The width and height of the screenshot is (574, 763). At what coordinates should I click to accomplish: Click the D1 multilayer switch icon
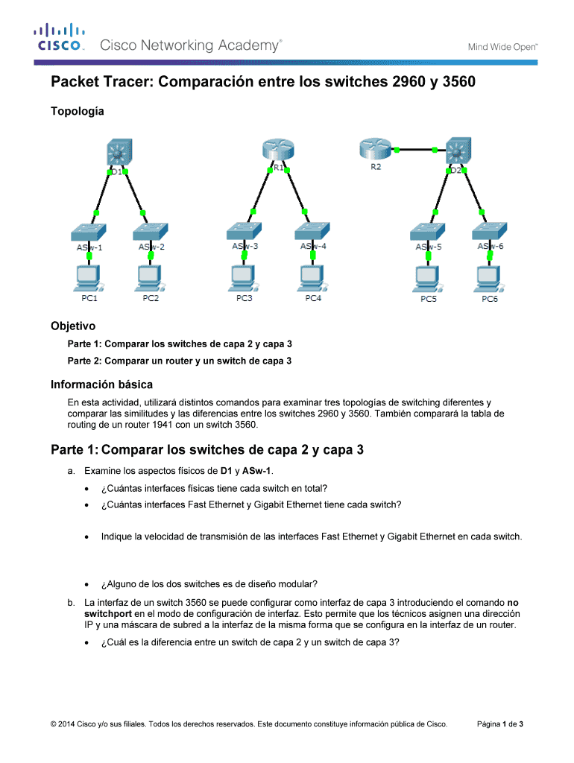click(x=117, y=153)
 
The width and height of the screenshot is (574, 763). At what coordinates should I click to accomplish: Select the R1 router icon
click(x=277, y=152)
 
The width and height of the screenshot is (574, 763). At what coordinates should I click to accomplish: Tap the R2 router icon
click(x=372, y=149)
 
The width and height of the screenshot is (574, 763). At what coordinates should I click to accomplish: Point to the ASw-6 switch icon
click(x=491, y=230)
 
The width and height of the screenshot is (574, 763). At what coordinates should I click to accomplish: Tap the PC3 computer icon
click(x=245, y=278)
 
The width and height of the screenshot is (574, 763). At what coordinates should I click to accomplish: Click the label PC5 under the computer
click(x=429, y=299)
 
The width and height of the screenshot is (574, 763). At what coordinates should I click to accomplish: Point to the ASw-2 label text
click(x=151, y=247)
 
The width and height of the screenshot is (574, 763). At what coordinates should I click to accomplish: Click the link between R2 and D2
click(x=416, y=150)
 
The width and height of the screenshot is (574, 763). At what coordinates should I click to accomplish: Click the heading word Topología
click(x=78, y=111)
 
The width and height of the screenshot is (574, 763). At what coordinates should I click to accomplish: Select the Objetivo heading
click(x=73, y=326)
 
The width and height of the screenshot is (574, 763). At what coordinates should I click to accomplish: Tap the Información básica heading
click(x=101, y=384)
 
